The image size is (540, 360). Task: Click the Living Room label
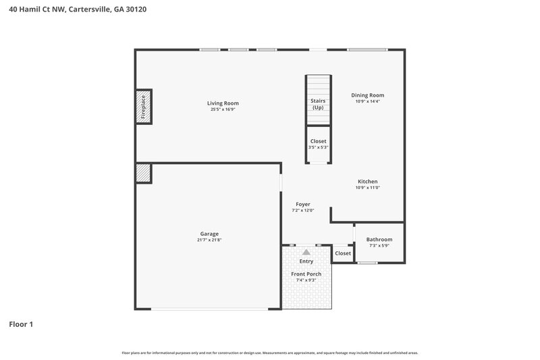pos(223,103)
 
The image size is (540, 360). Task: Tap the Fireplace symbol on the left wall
pos(143,107)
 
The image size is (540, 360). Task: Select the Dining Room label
pos(368,95)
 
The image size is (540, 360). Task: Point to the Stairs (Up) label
pos(317,104)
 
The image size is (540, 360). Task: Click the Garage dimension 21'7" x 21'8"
pos(209,240)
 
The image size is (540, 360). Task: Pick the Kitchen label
pos(368,181)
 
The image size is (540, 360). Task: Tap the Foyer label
pos(303,204)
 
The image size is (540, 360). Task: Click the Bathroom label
pos(379,240)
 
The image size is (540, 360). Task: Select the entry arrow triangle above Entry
pos(306,252)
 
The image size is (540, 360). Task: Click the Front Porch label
pos(306,274)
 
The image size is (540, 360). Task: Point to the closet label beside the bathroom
pos(343,253)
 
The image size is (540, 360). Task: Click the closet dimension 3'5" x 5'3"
pos(318,147)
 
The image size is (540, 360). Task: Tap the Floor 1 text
pos(21,324)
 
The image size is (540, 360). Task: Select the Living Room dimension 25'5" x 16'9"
pos(223,109)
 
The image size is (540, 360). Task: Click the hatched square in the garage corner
pos(143,173)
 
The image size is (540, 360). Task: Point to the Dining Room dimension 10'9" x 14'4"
pos(368,101)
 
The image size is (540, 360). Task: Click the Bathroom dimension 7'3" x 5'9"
pos(379,246)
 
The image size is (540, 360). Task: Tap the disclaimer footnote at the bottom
pos(270,353)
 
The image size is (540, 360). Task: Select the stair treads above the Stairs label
pos(317,86)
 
